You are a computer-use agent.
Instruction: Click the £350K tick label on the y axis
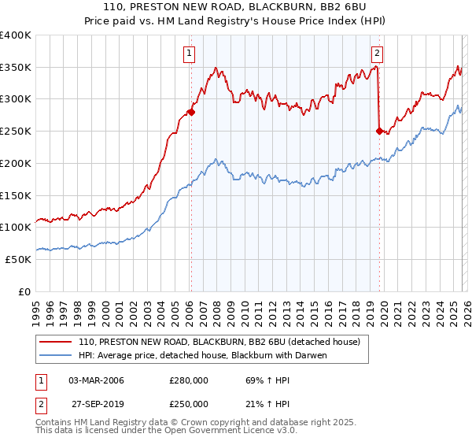[16, 67]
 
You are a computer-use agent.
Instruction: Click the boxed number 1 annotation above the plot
[190, 54]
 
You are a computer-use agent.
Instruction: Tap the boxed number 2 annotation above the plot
[377, 54]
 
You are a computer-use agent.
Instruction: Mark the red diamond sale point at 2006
[190, 113]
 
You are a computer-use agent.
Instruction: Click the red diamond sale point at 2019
[379, 132]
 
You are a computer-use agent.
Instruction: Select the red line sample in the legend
[56, 343]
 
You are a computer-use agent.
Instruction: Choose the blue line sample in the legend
[56, 355]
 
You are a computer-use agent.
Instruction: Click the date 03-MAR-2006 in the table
[96, 380]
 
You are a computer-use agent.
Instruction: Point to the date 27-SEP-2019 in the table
[96, 404]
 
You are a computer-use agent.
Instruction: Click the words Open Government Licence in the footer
[233, 432]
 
